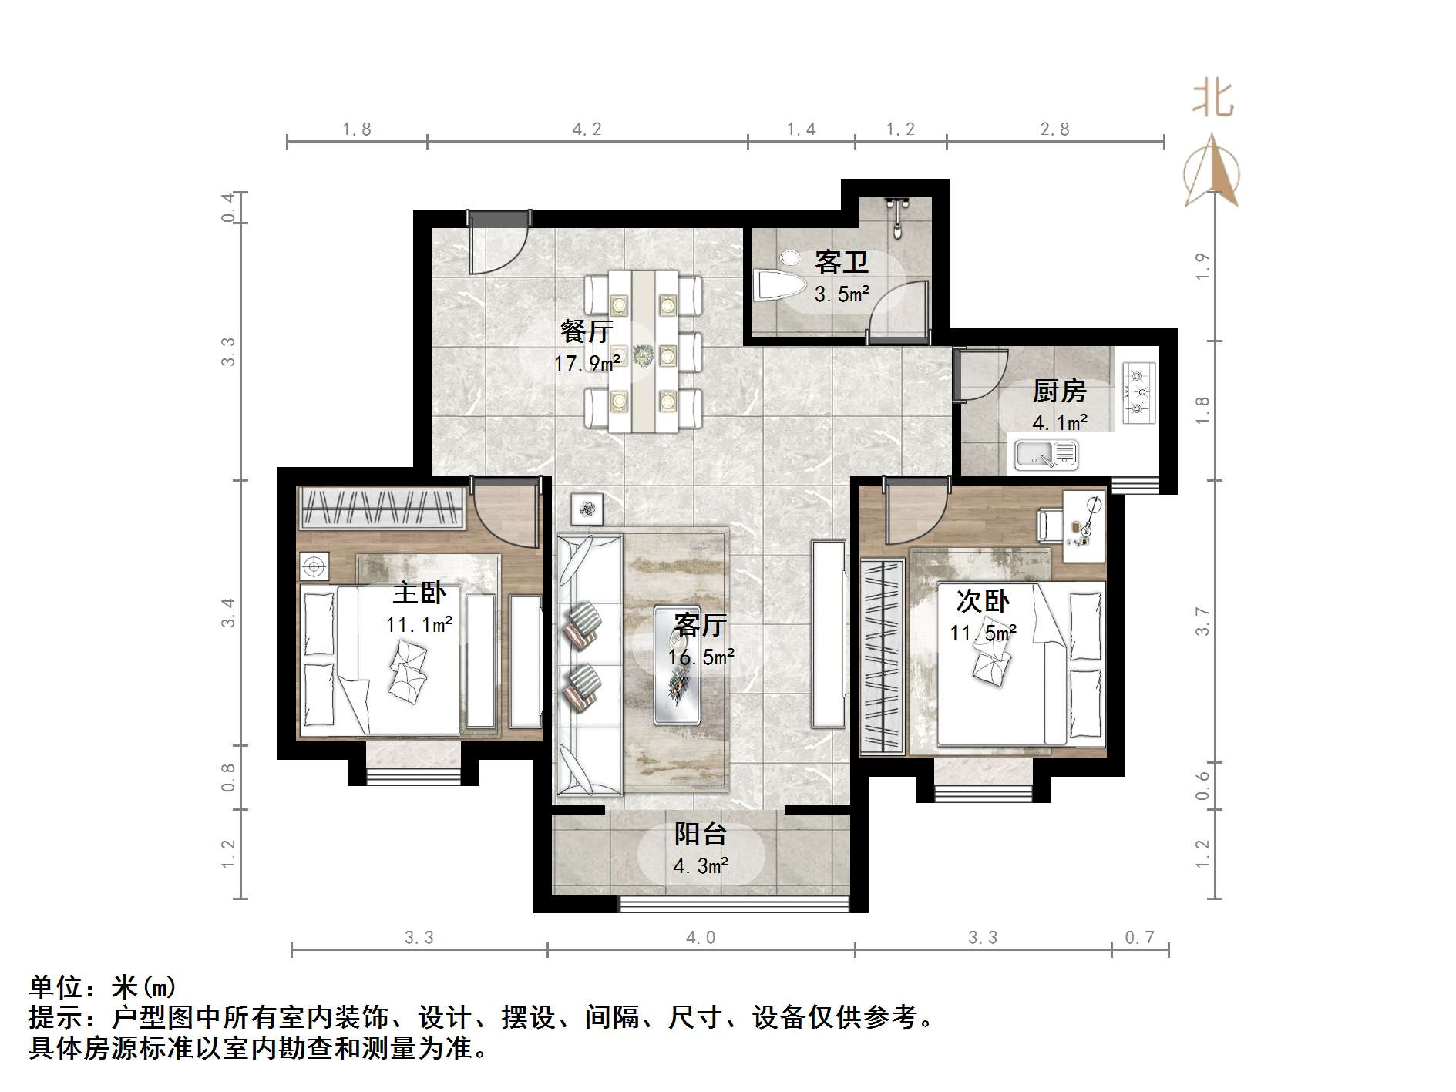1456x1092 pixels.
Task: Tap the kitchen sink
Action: [x=1045, y=454]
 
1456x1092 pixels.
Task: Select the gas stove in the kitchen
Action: [x=1138, y=393]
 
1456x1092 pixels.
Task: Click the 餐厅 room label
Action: [x=587, y=332]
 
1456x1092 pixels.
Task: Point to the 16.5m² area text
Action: [x=701, y=657]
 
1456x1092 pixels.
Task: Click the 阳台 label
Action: [x=701, y=834]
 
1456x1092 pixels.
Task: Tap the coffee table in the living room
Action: [x=677, y=665]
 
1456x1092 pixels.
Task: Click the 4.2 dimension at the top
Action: [x=587, y=129]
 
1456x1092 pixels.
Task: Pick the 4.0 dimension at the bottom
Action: [x=701, y=938]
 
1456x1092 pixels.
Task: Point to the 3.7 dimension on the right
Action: [x=1203, y=621]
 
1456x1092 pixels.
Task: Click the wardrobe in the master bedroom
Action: [x=382, y=509]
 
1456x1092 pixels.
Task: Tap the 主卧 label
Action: [x=419, y=593]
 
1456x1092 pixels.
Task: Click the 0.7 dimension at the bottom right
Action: [x=1139, y=938]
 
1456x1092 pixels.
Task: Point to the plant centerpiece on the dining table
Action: [x=643, y=355]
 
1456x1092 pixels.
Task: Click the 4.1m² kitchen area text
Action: [x=1060, y=423]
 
